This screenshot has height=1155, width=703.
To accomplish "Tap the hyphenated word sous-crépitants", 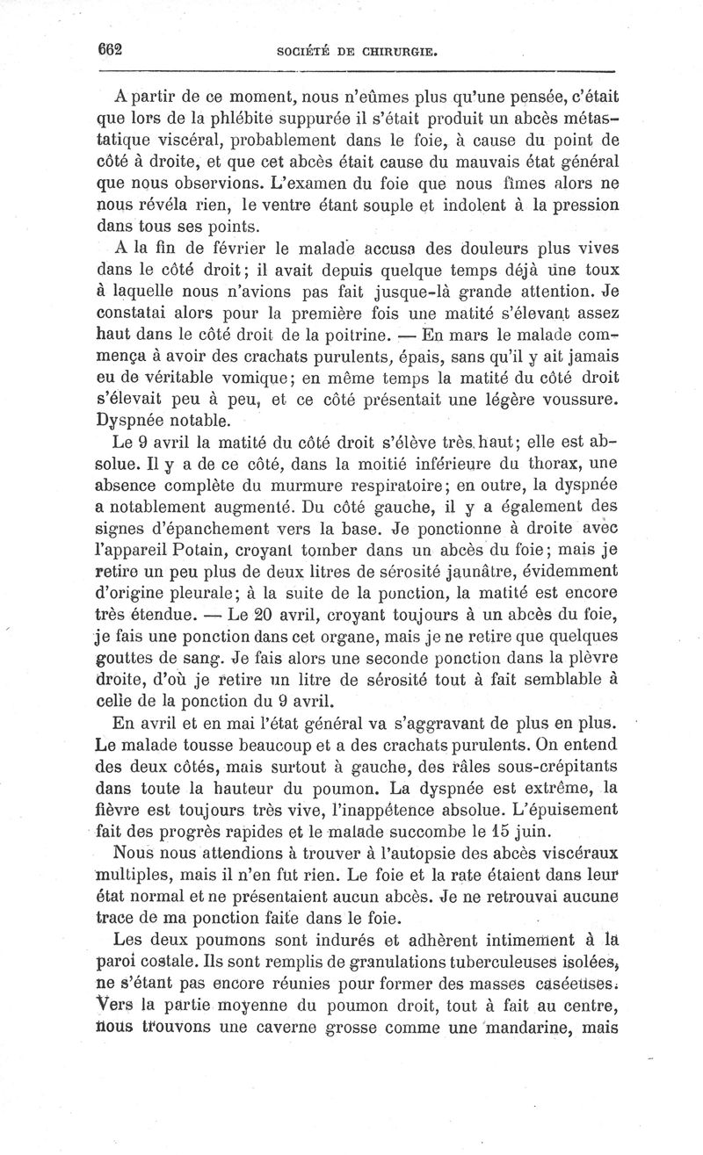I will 539,763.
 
